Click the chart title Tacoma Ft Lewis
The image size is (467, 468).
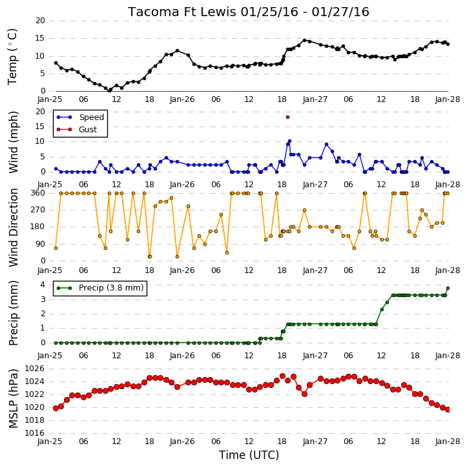[x=183, y=12]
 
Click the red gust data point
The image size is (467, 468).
[x=287, y=117]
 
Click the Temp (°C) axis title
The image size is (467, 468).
[x=12, y=57]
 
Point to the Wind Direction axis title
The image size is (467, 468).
[x=14, y=227]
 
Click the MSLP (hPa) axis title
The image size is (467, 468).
[x=14, y=399]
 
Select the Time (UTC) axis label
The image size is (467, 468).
[x=249, y=455]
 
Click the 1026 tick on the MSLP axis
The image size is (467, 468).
[x=34, y=369]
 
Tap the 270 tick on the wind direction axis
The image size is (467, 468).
[x=38, y=210]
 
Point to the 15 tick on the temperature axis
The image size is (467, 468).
[x=40, y=38]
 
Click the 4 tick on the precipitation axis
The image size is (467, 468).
[x=43, y=285]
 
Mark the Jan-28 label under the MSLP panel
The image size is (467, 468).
[x=447, y=441]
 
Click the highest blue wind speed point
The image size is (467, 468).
[x=289, y=141]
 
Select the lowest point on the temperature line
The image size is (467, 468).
[x=110, y=90]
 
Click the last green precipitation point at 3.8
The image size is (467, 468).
[x=448, y=289]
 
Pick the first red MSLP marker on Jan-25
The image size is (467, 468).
[x=56, y=409]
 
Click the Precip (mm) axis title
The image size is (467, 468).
[x=14, y=313]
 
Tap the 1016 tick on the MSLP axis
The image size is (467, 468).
[x=34, y=433]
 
